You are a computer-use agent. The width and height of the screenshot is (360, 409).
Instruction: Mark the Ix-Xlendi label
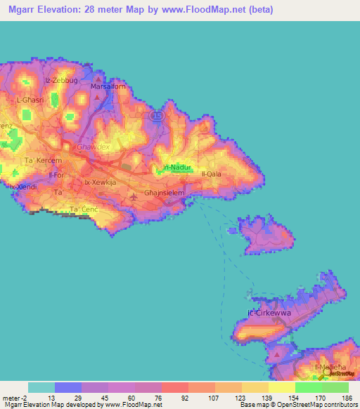click(x=22, y=187)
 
